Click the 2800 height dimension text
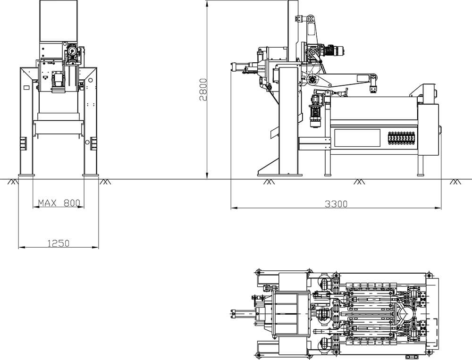pos(203,90)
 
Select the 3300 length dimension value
pos(336,204)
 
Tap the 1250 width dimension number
pos(59,243)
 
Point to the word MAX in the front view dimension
pos(48,203)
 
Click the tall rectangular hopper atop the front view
pos(59,21)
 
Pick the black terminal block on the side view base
pos(402,138)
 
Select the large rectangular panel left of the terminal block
pos(357,138)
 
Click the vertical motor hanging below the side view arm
pos(316,111)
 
